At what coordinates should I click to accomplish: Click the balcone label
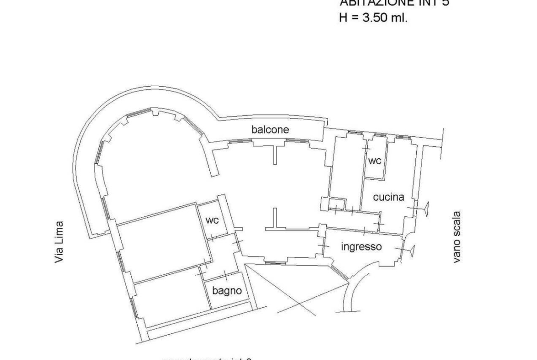[270, 130]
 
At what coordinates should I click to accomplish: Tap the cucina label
[388, 197]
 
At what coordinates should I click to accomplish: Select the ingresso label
[361, 247]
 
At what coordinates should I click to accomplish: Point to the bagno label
[227, 290]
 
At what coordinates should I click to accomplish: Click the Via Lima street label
[59, 243]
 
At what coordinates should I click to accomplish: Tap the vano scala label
[457, 237]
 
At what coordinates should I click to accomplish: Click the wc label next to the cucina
[375, 161]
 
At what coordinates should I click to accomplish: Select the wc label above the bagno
[212, 220]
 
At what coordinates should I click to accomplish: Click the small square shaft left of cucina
[337, 203]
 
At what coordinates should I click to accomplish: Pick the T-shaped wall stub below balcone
[274, 151]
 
